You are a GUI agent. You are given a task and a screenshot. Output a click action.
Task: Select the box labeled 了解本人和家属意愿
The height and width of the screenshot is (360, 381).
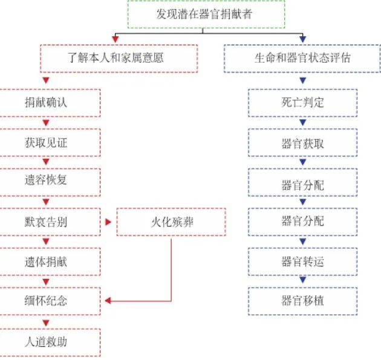coord(114,58)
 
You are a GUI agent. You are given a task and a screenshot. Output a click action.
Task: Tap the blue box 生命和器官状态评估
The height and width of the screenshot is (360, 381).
coord(302,58)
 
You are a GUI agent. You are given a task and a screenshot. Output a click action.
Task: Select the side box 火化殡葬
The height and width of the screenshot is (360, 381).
coord(171,222)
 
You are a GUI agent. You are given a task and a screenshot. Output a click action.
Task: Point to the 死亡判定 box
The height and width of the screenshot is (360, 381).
coord(302,102)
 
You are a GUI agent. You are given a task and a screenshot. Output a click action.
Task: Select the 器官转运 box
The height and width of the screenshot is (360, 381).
coord(302,261)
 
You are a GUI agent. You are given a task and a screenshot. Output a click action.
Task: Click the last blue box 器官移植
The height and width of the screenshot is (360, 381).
coord(302,300)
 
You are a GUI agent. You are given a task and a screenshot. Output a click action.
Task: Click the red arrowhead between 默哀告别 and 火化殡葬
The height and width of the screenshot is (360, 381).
coord(108,222)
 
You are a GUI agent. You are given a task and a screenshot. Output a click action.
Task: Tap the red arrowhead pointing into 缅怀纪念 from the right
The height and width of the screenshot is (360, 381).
coord(108,300)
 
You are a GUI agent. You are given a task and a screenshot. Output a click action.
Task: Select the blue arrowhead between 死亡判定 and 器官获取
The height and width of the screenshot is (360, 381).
coord(302,123)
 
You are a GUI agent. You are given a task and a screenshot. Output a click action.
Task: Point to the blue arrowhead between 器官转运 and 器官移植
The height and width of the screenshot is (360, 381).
coord(302,281)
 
